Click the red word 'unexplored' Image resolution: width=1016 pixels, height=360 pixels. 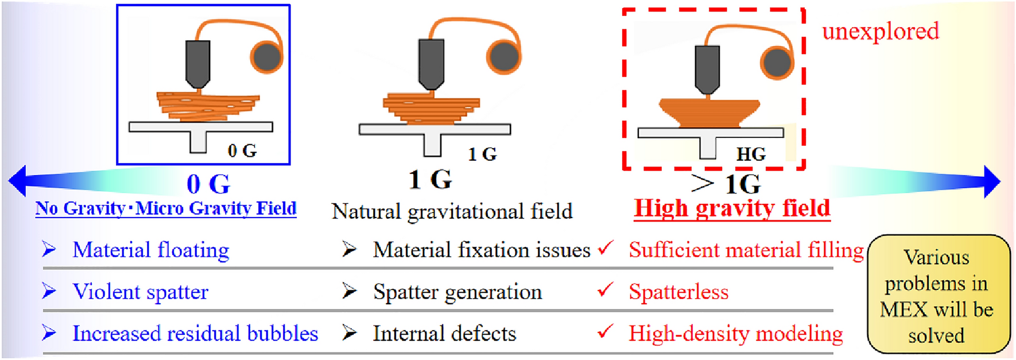point(880,32)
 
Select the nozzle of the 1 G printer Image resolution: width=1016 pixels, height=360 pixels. point(431,63)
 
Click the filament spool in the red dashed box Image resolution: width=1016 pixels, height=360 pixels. point(777,62)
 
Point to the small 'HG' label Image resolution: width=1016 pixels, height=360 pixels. point(751,154)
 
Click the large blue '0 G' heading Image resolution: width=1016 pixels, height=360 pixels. point(208,184)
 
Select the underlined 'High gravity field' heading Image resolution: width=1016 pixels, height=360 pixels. point(732,208)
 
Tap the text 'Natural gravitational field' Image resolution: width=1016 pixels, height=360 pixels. point(452,211)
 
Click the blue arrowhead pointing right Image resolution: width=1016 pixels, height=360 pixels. point(992,181)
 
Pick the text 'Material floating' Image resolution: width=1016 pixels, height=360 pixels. point(150,250)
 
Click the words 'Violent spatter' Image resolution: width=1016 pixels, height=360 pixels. point(140,292)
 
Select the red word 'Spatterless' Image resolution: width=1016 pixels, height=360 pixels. point(678,292)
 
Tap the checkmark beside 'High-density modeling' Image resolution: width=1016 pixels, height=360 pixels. point(605,331)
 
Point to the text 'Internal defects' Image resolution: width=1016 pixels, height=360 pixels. point(444,334)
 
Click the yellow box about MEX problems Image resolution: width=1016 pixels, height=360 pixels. point(938,294)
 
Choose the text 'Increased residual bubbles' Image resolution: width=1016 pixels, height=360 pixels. point(195,334)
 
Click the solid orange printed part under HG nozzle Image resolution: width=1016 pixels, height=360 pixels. point(709,113)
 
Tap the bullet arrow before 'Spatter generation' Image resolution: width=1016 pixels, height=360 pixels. point(349,291)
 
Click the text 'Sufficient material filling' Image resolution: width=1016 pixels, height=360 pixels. point(746,250)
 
